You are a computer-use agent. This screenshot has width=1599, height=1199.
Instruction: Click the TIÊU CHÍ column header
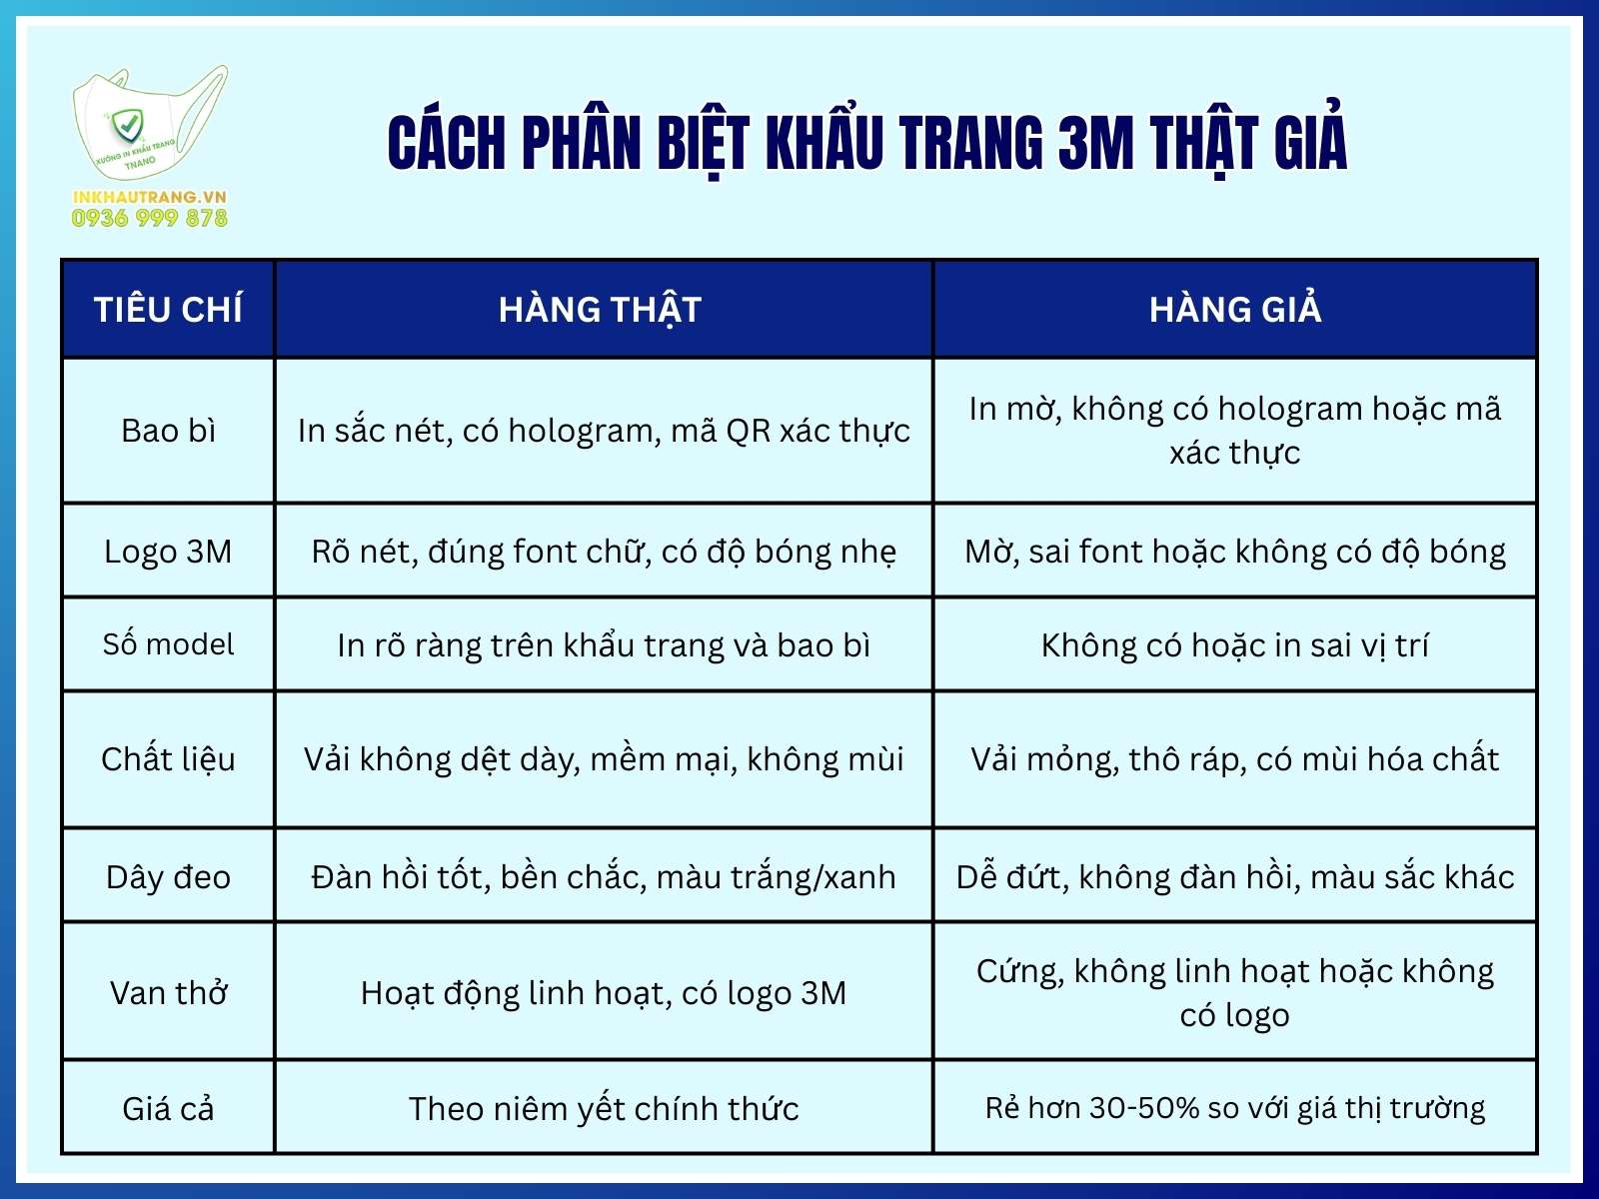[168, 310]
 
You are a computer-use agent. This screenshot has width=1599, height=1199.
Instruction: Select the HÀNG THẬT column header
[600, 310]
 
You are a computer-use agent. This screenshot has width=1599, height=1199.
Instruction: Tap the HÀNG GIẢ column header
[1235, 310]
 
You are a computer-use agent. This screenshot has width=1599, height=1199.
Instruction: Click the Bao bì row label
[168, 431]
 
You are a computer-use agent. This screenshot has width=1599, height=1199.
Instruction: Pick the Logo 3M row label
[168, 552]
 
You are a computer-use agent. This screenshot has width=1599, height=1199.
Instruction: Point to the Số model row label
[168, 644]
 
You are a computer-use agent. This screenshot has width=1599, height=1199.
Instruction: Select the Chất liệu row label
[168, 759]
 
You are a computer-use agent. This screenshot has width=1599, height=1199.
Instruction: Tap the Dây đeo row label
[168, 877]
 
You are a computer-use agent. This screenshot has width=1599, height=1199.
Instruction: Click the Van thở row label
[168, 993]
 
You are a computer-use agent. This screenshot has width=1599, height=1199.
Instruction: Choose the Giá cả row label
[168, 1109]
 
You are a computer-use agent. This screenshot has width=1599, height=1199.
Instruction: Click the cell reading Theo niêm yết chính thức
[604, 1109]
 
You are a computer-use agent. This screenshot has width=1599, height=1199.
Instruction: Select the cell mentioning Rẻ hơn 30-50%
[1235, 1108]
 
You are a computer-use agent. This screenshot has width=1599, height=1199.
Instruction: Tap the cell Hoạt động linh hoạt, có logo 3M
[604, 993]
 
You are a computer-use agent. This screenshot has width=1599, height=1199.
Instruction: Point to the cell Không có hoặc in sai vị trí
[1235, 645]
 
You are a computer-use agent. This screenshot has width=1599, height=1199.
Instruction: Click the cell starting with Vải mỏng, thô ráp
[1235, 759]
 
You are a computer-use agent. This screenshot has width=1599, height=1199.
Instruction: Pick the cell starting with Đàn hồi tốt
[604, 877]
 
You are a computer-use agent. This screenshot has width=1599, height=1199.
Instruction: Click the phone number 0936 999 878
[150, 218]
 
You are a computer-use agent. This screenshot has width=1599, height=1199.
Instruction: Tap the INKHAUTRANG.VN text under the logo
[150, 197]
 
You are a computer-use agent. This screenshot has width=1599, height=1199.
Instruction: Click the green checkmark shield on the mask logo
[127, 126]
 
